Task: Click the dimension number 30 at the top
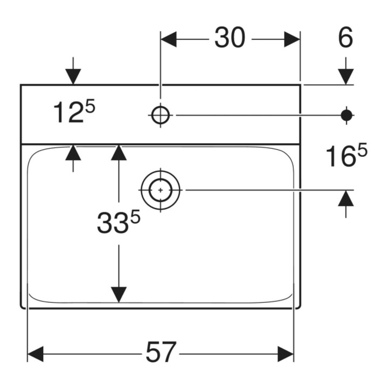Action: [230, 38]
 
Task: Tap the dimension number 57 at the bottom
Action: [161, 351]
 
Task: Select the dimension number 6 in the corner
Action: [345, 38]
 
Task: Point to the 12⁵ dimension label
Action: [74, 112]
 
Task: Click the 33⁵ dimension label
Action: [119, 223]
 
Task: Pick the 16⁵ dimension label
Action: [347, 155]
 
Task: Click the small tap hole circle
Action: [161, 115]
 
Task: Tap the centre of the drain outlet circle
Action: [161, 190]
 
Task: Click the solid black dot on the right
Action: [347, 115]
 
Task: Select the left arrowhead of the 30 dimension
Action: [169, 39]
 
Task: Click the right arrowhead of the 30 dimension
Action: [292, 39]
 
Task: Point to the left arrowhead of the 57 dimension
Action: [36, 354]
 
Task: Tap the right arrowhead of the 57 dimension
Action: [286, 354]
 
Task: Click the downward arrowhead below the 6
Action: [346, 77]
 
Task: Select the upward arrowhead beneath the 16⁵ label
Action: [346, 198]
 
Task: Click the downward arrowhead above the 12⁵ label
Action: [73, 77]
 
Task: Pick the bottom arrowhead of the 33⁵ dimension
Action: [119, 294]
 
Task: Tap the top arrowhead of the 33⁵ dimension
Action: [119, 153]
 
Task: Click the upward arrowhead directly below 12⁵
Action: [73, 153]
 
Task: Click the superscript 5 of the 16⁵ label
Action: [362, 151]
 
